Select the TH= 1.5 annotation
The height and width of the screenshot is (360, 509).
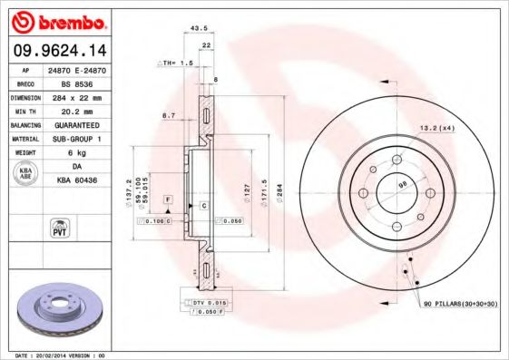(178, 63)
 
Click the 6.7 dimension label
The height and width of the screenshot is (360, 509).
(169, 115)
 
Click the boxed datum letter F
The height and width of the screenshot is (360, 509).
(168, 198)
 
